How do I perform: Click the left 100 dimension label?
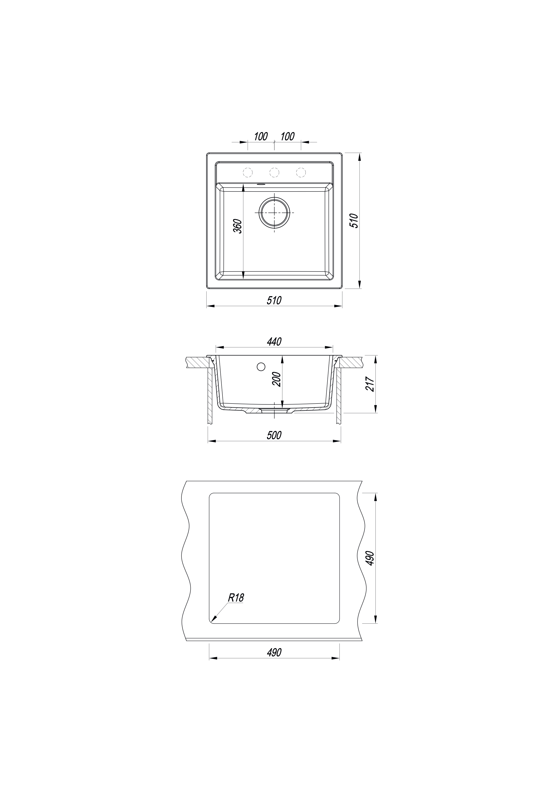pos(261,136)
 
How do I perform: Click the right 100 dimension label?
pos(287,136)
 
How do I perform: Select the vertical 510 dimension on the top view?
pos(354,221)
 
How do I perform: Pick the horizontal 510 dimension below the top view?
pos(274,300)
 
